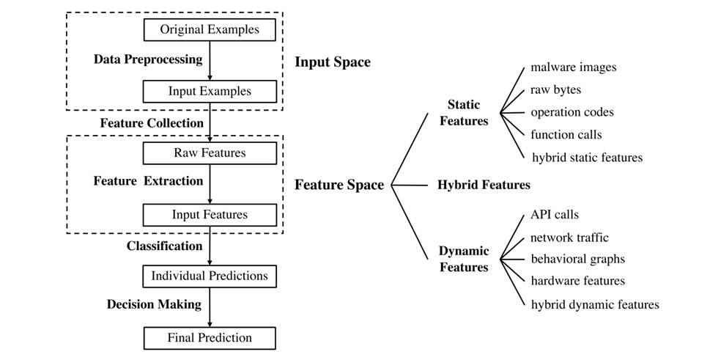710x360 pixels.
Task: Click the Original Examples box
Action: (x=210, y=30)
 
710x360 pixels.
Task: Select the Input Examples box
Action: (x=210, y=92)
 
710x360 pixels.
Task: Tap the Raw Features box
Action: (x=210, y=153)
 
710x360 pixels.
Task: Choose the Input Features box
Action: (x=210, y=215)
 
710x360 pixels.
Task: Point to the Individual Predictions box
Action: (x=210, y=276)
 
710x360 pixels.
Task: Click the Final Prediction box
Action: (x=210, y=338)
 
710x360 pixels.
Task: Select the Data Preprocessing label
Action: (x=148, y=59)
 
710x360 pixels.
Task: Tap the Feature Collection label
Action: (x=152, y=123)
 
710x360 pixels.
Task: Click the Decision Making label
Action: (x=154, y=304)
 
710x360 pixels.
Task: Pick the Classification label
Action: (x=164, y=246)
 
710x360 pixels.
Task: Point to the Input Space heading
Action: (x=333, y=62)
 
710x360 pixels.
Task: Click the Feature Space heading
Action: (x=339, y=185)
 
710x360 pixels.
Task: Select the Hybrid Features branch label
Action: (x=484, y=185)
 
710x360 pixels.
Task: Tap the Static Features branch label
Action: (x=464, y=113)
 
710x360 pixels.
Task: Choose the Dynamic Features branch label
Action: (x=464, y=259)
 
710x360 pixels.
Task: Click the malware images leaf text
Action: (x=574, y=67)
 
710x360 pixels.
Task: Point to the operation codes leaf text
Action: (x=572, y=112)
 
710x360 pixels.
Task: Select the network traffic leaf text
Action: (x=569, y=238)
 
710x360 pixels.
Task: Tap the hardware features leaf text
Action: (x=577, y=281)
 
